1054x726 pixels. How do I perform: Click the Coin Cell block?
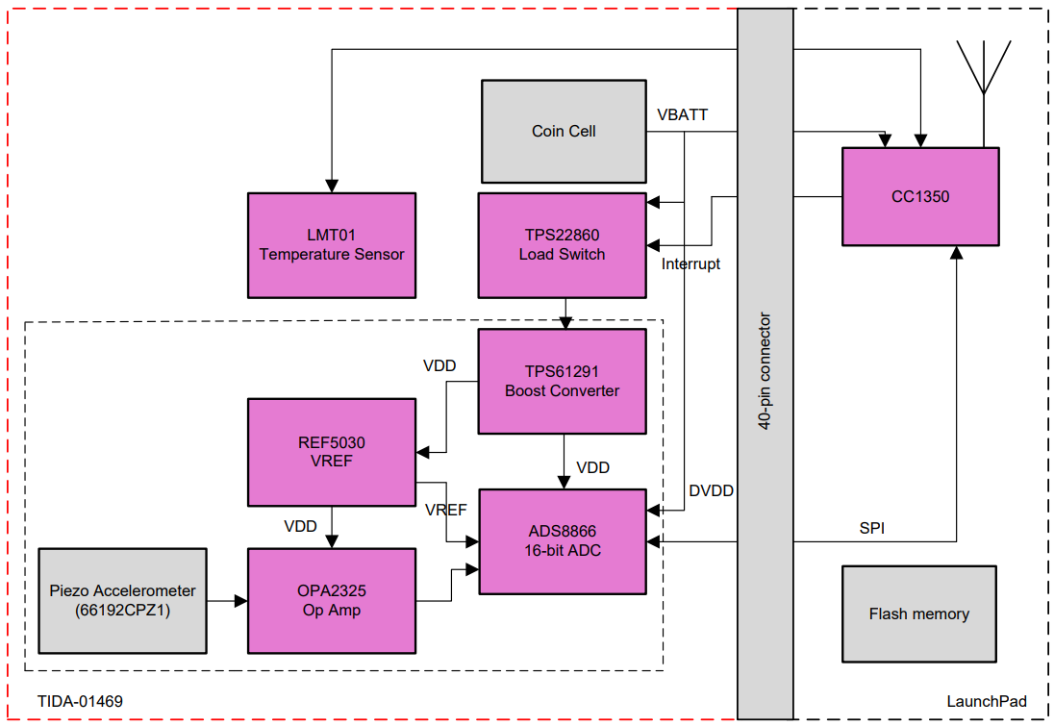pos(563,131)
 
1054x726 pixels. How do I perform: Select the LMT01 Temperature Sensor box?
pos(332,245)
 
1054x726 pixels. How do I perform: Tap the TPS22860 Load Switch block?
pos(563,245)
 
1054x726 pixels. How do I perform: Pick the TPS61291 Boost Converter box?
pos(563,381)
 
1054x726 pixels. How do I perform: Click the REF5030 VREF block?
pos(332,452)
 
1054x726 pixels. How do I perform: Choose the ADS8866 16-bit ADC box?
pos(563,540)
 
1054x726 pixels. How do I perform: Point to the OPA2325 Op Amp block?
pos(332,601)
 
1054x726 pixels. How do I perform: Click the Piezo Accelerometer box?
pos(122,601)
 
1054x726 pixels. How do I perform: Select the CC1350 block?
pos(919,196)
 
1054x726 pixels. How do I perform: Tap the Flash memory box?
pos(918,613)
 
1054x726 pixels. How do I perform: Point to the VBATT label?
pos(682,115)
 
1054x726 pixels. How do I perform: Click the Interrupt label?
pos(690,263)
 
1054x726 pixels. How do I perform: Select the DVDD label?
pos(711,491)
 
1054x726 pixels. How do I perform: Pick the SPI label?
pos(871,528)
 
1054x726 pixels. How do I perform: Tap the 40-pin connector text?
pos(765,370)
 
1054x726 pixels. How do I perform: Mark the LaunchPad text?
pos(986,701)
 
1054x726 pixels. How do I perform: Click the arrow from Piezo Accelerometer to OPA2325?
pos(227,602)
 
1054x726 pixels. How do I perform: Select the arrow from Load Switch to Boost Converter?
pos(565,313)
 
